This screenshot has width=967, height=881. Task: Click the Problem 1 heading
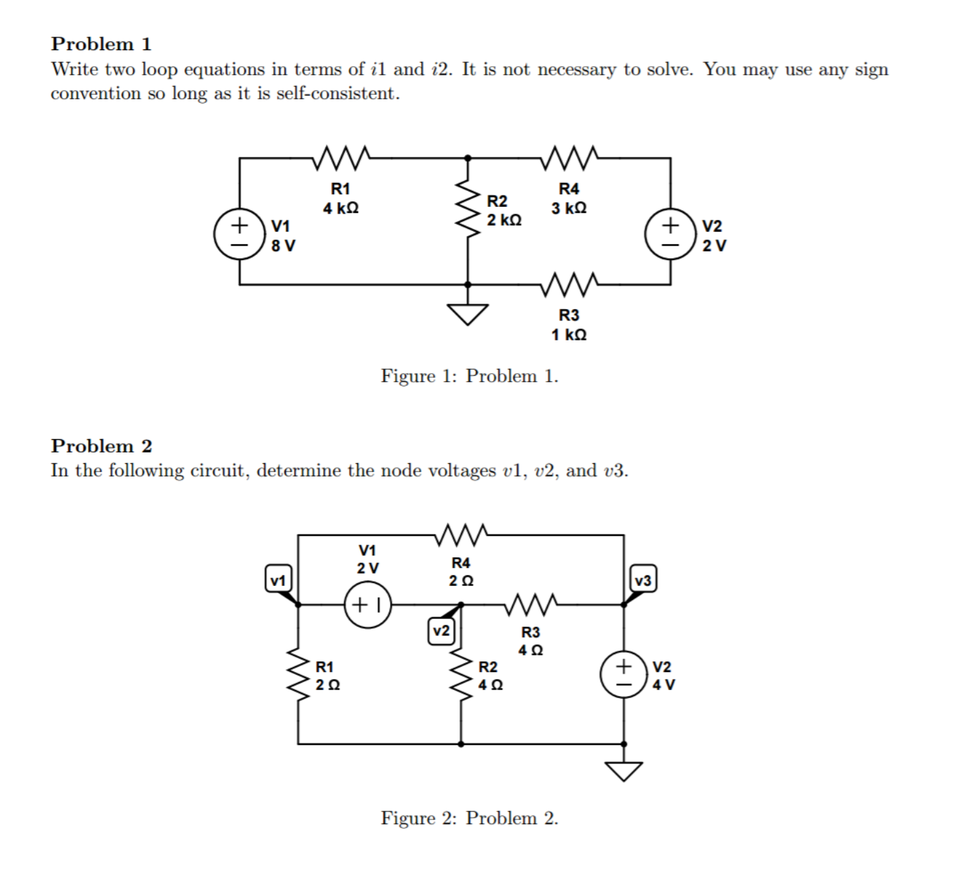tap(101, 44)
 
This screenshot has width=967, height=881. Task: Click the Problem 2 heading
tap(101, 445)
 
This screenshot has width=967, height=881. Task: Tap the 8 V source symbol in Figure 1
tap(239, 235)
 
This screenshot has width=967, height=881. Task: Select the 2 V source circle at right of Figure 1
tap(670, 235)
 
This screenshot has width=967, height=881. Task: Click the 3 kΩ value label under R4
tap(569, 208)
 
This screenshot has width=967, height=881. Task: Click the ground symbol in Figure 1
tap(467, 312)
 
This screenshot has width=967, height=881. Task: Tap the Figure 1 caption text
tap(469, 376)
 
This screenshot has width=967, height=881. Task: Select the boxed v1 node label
tap(278, 579)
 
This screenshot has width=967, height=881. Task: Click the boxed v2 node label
tap(441, 630)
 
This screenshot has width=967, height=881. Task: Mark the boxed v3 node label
tap(643, 579)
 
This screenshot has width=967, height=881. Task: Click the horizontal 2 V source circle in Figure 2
tap(367, 605)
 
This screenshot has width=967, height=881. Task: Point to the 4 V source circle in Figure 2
tap(623, 675)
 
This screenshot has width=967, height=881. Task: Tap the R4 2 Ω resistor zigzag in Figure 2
tap(461, 534)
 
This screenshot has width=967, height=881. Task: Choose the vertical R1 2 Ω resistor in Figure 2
tap(298, 675)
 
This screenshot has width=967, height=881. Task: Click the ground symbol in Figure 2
tap(623, 770)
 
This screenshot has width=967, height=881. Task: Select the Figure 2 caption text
tap(469, 818)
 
